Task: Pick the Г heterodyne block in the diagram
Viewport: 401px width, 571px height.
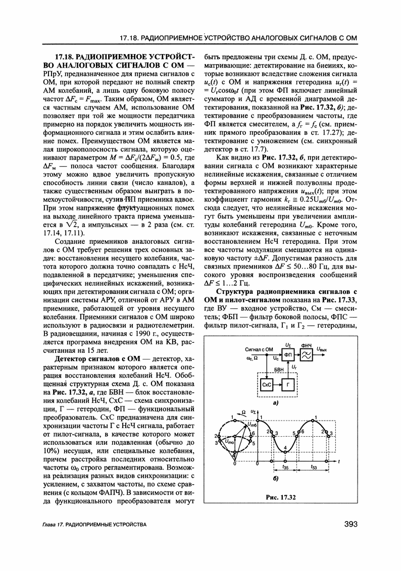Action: [288, 385]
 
